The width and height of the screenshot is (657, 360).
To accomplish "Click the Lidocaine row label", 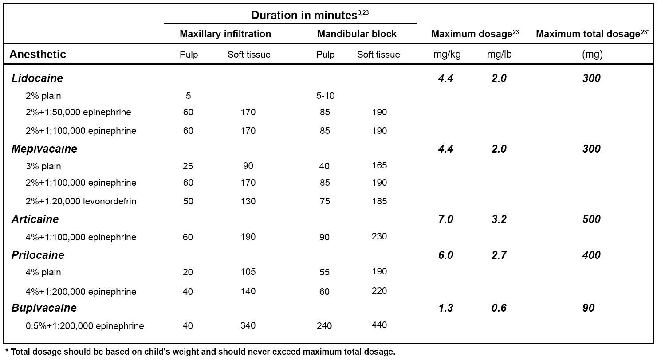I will pyautogui.click(x=37, y=78).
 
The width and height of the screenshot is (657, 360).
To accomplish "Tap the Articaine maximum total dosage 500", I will pyautogui.click(x=591, y=219).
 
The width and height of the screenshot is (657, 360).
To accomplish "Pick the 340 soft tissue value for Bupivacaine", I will pyautogui.click(x=248, y=325).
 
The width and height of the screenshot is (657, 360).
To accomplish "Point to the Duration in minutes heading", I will pyautogui.click(x=304, y=15).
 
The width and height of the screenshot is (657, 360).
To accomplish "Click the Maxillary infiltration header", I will pyautogui.click(x=225, y=34).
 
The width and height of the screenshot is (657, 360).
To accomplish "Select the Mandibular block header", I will pyautogui.click(x=357, y=34).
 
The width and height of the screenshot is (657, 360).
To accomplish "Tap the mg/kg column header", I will pyautogui.click(x=447, y=55).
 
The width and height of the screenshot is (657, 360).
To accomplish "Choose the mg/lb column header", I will pyautogui.click(x=499, y=55).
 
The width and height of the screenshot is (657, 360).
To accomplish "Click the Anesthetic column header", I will pyautogui.click(x=38, y=55).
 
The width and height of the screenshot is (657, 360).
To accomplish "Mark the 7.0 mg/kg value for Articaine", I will pyautogui.click(x=445, y=219).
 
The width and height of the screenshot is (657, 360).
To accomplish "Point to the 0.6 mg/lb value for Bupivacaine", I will pyautogui.click(x=499, y=308).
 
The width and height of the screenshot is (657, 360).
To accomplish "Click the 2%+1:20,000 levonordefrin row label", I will pyautogui.click(x=81, y=201).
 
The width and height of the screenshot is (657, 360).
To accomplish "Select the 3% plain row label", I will pyautogui.click(x=43, y=166).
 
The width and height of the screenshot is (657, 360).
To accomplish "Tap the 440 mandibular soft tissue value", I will pyautogui.click(x=379, y=325).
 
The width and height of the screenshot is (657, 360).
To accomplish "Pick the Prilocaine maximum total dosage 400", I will pyautogui.click(x=591, y=255).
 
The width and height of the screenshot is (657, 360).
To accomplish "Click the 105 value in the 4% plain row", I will pyautogui.click(x=248, y=271).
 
